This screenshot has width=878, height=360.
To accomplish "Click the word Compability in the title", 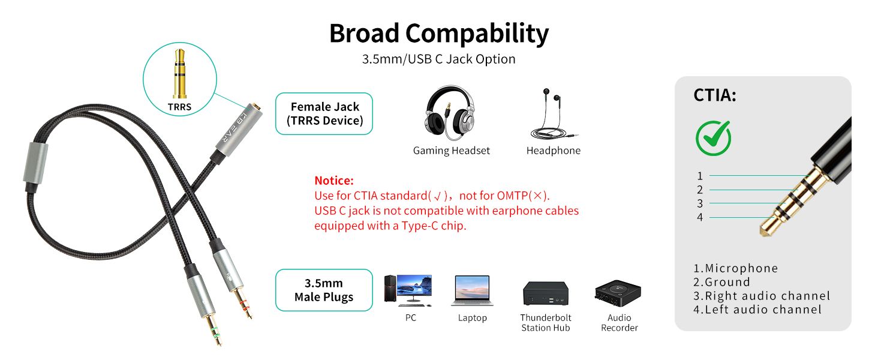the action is [x=477, y=34].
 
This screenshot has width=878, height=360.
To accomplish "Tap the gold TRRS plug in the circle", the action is [x=180, y=74].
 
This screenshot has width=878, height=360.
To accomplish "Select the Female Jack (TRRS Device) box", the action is [x=324, y=114].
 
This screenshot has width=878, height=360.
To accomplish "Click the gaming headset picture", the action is [x=450, y=113].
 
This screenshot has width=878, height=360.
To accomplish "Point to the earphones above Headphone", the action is [x=553, y=114].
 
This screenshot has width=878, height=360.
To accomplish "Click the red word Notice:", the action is [x=334, y=181].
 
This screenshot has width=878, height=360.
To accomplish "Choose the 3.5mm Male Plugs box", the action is [x=324, y=290].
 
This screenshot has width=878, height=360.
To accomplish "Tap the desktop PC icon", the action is [x=408, y=290].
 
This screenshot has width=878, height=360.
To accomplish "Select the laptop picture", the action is [x=473, y=290].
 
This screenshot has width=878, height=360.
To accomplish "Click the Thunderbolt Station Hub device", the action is [x=546, y=293].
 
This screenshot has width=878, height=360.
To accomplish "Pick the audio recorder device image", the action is [x=618, y=293].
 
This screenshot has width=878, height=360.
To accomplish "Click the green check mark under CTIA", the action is [x=714, y=138].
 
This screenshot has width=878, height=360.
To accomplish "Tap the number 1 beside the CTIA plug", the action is [x=700, y=176].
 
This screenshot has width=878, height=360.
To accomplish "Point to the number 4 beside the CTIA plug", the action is [x=700, y=217].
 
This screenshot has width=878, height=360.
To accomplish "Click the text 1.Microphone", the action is [x=736, y=268].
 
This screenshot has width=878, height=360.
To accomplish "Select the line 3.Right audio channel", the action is [x=762, y=296].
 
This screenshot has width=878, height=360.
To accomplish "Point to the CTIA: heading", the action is [x=715, y=95].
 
